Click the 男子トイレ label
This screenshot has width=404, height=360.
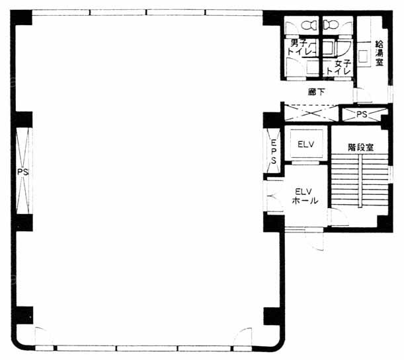click(299, 47)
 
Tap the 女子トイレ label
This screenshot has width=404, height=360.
click(339, 67)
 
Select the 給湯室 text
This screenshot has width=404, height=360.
click(379, 54)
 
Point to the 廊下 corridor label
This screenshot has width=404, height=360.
click(317, 92)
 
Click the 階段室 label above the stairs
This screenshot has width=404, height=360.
click(360, 147)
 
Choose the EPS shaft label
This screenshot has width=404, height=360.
click(274, 151)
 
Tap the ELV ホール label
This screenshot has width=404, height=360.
click(305, 196)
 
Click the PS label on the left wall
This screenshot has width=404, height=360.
click(22, 172)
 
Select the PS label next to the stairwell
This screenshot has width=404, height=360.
click(362, 114)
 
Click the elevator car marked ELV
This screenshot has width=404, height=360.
click(306, 143)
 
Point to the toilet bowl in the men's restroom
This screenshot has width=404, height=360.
click(309, 25)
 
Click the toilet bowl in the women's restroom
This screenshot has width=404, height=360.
click(331, 25)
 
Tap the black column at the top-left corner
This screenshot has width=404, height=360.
click(21, 17)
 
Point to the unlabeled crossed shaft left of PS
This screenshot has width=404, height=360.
click(311, 113)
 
